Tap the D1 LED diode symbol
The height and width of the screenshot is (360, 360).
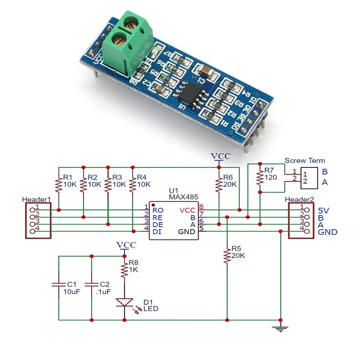click(x=124, y=302)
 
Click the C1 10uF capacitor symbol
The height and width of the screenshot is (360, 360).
click(x=59, y=284)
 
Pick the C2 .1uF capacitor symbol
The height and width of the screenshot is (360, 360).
click(x=91, y=284)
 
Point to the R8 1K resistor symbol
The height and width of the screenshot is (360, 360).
click(x=124, y=269)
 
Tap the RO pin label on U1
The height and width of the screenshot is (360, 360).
click(x=157, y=210)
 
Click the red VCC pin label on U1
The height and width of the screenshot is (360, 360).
click(x=188, y=210)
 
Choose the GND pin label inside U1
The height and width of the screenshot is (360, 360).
click(x=187, y=231)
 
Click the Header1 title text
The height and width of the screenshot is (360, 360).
click(x=36, y=199)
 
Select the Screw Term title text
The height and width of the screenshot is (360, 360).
click(x=305, y=161)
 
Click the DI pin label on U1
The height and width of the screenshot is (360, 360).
click(x=157, y=231)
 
